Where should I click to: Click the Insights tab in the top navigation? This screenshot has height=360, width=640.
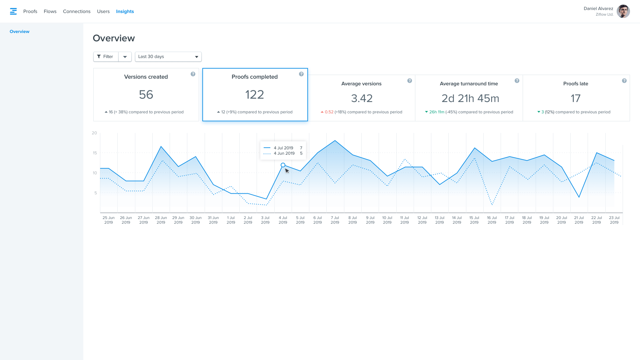pos(125,11)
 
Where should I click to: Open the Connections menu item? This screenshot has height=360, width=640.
pos(77,11)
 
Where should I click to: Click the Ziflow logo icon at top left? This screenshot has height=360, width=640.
pos(13,11)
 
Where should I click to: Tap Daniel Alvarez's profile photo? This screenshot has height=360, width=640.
pos(623,11)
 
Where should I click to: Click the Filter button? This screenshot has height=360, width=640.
pos(106,57)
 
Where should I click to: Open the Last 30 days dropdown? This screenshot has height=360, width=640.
pos(168,57)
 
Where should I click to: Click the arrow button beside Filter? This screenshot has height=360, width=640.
pos(125,57)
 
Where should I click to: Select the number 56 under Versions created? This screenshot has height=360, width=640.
pos(146,95)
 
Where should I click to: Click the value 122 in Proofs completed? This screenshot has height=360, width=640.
pos(255,95)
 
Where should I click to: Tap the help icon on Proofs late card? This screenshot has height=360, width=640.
pos(624,81)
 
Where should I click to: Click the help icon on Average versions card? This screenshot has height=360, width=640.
pos(409,81)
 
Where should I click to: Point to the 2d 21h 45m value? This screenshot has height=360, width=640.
pos(470,98)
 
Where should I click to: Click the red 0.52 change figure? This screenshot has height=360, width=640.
pos(329,112)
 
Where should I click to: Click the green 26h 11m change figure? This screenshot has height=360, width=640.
pos(437,112)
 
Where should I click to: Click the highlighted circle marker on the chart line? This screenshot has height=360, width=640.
pos(283,165)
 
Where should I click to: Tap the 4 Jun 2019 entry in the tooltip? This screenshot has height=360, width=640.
pos(284,153)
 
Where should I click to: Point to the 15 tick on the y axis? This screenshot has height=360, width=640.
pos(95,153)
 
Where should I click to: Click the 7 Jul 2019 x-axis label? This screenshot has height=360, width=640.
pos(335,220)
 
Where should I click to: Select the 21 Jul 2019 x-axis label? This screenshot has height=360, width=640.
pos(579,220)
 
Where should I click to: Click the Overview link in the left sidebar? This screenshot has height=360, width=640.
pos(19,32)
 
